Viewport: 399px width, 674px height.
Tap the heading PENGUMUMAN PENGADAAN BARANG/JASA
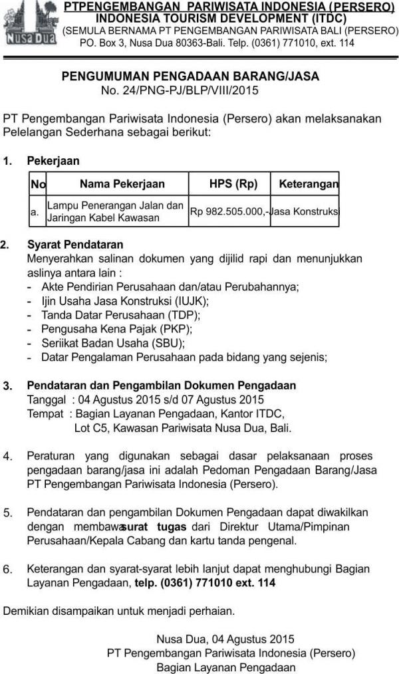(190, 76)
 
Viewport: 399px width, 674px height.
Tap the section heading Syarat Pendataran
(75, 245)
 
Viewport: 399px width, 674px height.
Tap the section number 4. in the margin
(7, 456)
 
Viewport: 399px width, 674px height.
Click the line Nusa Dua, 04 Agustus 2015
(225, 639)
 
